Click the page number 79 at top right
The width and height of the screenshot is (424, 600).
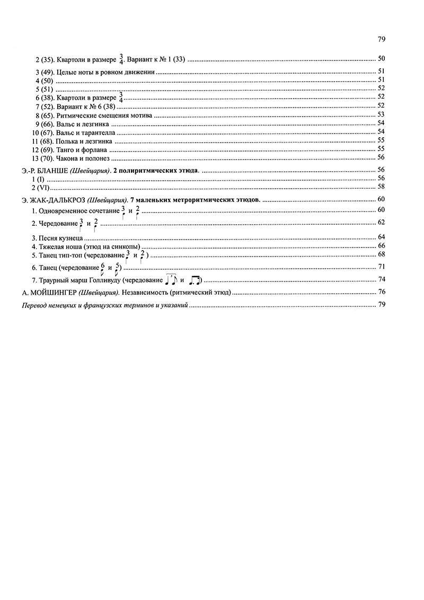(x=381, y=39)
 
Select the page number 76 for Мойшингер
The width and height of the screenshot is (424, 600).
(x=381, y=292)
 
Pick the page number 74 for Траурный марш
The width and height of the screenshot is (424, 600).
(x=381, y=279)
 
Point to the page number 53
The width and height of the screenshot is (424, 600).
(x=381, y=114)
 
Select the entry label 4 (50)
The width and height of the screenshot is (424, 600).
(x=43, y=80)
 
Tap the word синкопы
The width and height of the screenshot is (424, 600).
(x=126, y=245)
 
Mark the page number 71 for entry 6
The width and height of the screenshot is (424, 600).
(x=381, y=266)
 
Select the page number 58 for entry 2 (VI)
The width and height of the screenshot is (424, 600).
(x=381, y=187)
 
